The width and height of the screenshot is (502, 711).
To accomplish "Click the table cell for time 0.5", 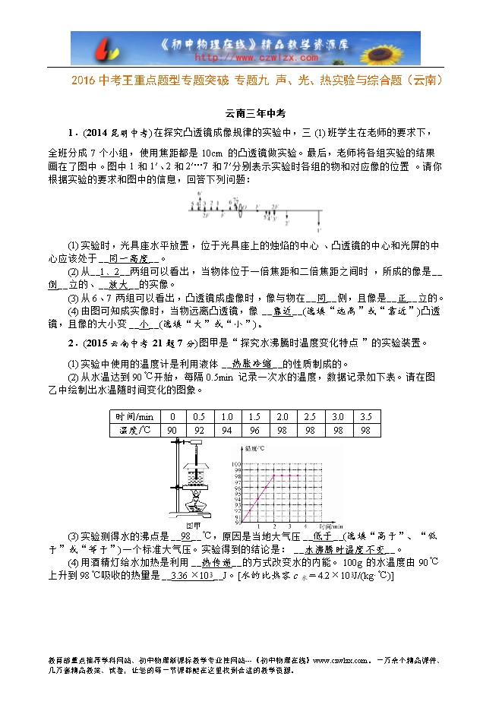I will pyautogui.click(x=200, y=416).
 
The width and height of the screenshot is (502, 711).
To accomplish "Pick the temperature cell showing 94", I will pyautogui.click(x=227, y=430).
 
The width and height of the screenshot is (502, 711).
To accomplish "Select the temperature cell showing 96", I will pyautogui.click(x=254, y=430).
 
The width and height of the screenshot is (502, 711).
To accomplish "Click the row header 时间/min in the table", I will pyautogui.click(x=134, y=416).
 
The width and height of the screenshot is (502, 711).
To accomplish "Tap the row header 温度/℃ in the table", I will pyautogui.click(x=134, y=430).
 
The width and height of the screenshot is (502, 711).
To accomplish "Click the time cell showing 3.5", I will pyautogui.click(x=365, y=416).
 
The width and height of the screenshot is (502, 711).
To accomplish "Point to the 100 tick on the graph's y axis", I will pyautogui.click(x=235, y=463).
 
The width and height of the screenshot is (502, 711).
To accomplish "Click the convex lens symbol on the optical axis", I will pyautogui.click(x=240, y=210).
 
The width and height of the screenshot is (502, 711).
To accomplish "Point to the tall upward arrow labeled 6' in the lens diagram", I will pyautogui.click(x=199, y=204).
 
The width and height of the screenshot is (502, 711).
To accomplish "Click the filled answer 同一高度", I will pyautogui.click(x=126, y=258).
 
